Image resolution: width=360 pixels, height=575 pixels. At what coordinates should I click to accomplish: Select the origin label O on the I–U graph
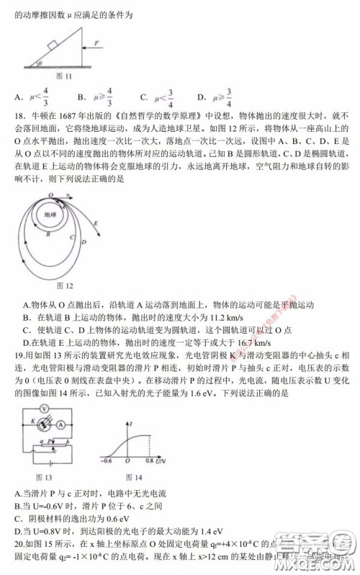pyautogui.click(x=127, y=460)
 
